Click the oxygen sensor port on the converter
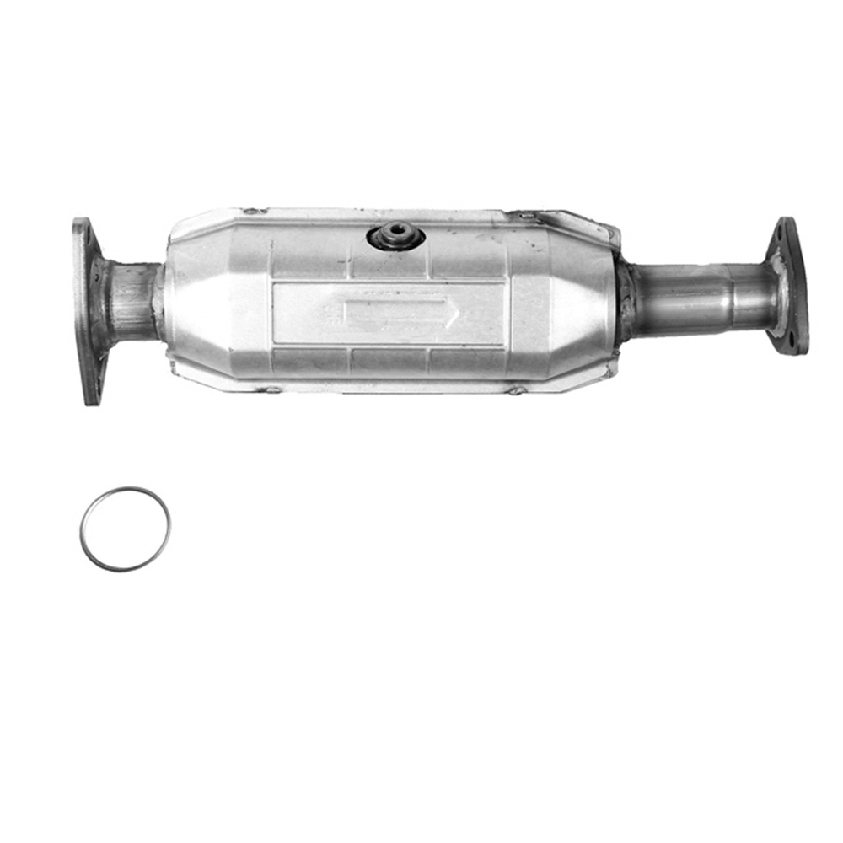click(x=395, y=235)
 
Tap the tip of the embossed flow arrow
click(x=458, y=314)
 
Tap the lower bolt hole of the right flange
click(x=791, y=340)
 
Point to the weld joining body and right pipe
click(x=625, y=302)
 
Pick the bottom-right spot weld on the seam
click(x=514, y=390)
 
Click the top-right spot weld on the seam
click(x=524, y=216)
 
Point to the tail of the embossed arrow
click(x=346, y=314)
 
